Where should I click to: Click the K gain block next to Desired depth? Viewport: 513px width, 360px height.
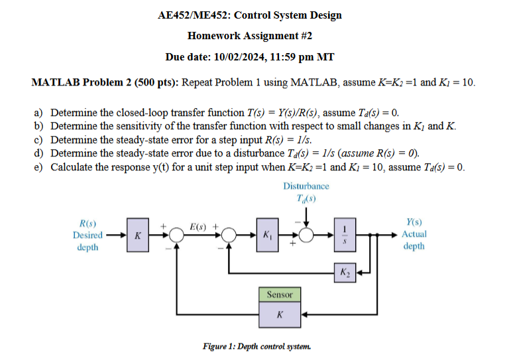point(137,235)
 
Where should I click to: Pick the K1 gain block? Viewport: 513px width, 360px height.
point(267,235)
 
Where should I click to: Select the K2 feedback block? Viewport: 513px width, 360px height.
point(346,272)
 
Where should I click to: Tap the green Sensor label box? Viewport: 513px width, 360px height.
point(279,294)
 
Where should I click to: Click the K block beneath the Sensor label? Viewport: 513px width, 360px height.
point(279,316)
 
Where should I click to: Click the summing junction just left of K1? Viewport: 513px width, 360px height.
point(229,235)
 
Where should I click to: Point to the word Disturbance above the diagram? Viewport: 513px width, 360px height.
point(306,186)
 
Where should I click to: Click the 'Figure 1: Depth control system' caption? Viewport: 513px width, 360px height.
point(256,346)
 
